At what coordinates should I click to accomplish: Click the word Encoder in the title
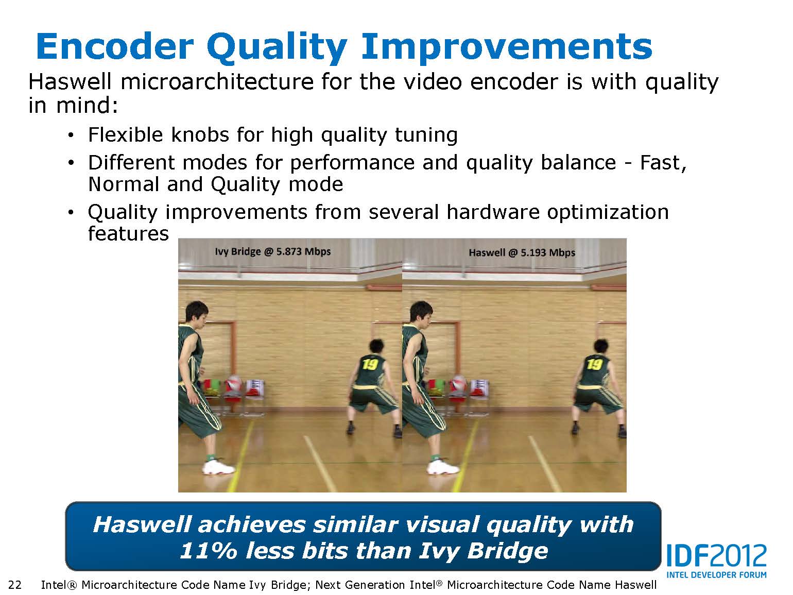point(115,46)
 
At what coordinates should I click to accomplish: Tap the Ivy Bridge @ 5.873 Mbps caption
point(273,251)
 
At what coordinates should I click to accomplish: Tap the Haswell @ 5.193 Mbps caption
point(522,252)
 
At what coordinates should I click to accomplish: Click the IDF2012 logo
point(716,556)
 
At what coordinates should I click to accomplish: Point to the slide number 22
point(15,585)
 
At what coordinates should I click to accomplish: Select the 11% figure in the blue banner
point(209,551)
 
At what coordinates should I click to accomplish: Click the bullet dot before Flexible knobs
point(71,136)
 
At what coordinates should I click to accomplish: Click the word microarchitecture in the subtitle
point(217,81)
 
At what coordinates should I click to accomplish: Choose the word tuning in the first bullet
point(426,136)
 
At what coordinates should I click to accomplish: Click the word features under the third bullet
point(128,233)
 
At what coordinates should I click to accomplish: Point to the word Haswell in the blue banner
point(142,524)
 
